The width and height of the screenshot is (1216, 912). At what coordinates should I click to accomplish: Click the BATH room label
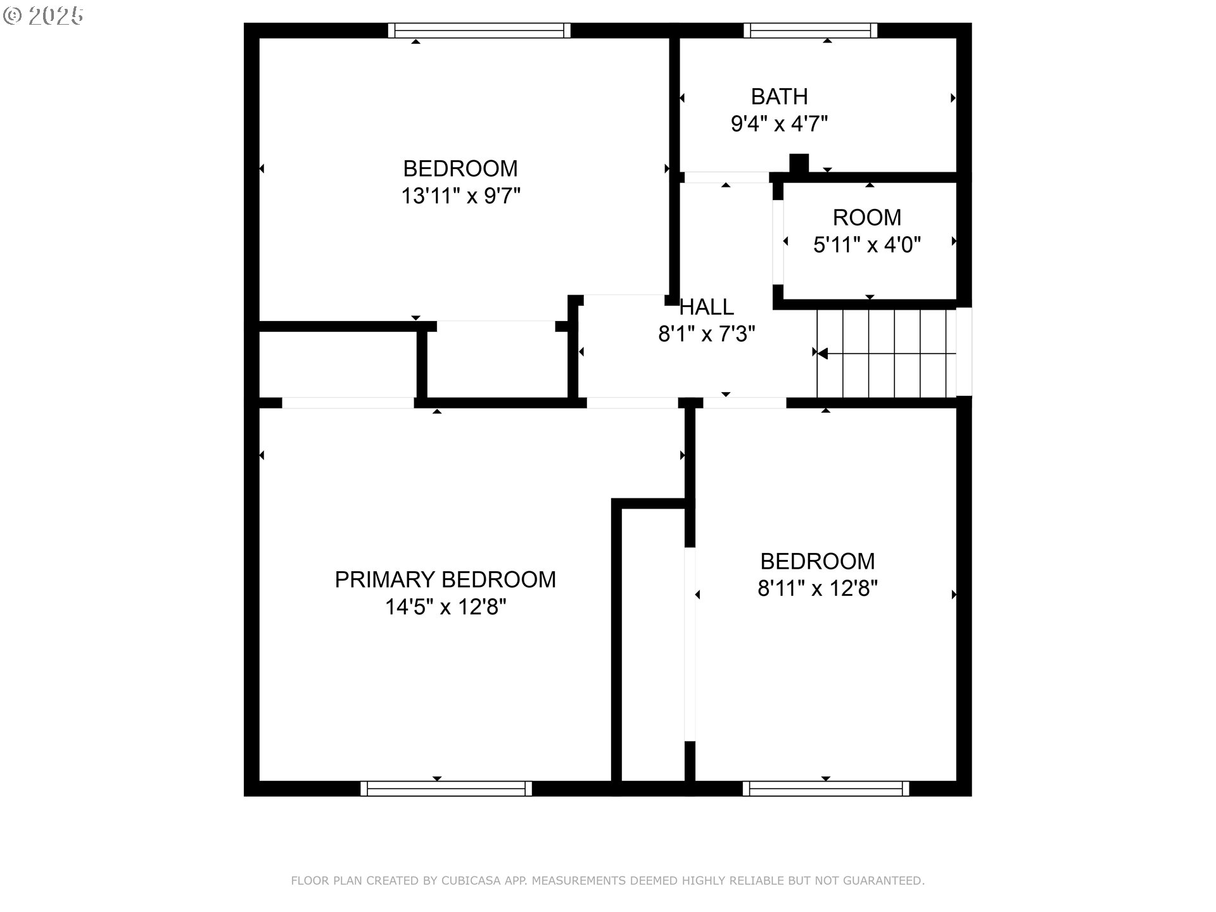779,97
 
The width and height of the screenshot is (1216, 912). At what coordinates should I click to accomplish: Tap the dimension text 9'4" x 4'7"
779,124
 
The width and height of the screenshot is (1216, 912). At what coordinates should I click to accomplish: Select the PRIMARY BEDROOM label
445,579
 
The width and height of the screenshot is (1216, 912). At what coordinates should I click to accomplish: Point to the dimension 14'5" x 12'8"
445,607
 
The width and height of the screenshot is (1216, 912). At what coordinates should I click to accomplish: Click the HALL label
706,307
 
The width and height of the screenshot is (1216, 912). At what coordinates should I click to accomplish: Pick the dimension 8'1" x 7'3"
706,334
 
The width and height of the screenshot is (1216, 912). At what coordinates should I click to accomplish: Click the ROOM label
866,218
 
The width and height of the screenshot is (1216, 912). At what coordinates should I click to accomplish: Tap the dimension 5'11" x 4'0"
866,244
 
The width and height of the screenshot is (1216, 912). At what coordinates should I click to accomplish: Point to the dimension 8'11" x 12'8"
817,589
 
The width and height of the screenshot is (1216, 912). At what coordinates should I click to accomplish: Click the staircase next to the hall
887,353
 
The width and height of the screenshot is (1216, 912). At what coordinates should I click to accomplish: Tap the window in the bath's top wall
811,30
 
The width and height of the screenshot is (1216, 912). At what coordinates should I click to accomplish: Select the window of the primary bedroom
446,788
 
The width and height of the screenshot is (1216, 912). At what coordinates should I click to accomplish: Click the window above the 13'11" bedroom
479,30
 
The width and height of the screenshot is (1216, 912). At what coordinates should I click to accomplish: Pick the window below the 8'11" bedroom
825,788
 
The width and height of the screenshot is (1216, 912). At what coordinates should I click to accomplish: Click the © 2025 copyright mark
43,16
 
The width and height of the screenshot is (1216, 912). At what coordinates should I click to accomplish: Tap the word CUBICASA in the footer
471,881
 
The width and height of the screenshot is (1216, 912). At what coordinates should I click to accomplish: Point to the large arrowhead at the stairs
823,353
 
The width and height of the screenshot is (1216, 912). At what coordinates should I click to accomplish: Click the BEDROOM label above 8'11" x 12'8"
817,561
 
